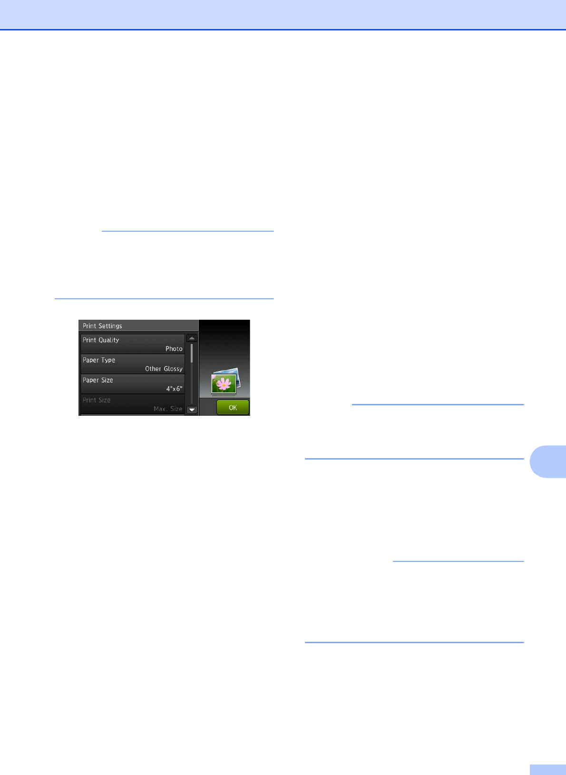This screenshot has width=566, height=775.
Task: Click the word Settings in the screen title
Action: tap(110, 326)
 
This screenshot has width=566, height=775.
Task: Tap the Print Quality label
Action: tap(101, 340)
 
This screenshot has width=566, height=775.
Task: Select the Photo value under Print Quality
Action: tap(174, 349)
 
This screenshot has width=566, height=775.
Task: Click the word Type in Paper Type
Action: tap(108, 360)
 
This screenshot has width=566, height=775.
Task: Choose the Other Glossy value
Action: tap(164, 369)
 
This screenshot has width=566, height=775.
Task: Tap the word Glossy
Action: tap(173, 369)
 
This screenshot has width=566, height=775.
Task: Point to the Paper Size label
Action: tap(98, 380)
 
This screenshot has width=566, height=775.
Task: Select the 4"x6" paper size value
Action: tap(174, 389)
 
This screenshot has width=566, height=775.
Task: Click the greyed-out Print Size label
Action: tap(97, 400)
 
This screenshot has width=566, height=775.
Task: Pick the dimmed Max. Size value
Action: tap(168, 409)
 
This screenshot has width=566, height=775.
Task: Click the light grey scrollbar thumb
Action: tap(192, 353)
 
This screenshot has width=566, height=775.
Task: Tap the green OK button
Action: tap(233, 408)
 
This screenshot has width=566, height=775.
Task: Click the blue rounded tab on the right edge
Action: tap(548, 461)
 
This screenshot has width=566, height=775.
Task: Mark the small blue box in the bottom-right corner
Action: tap(547, 770)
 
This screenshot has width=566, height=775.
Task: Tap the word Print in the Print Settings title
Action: tap(89, 326)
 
